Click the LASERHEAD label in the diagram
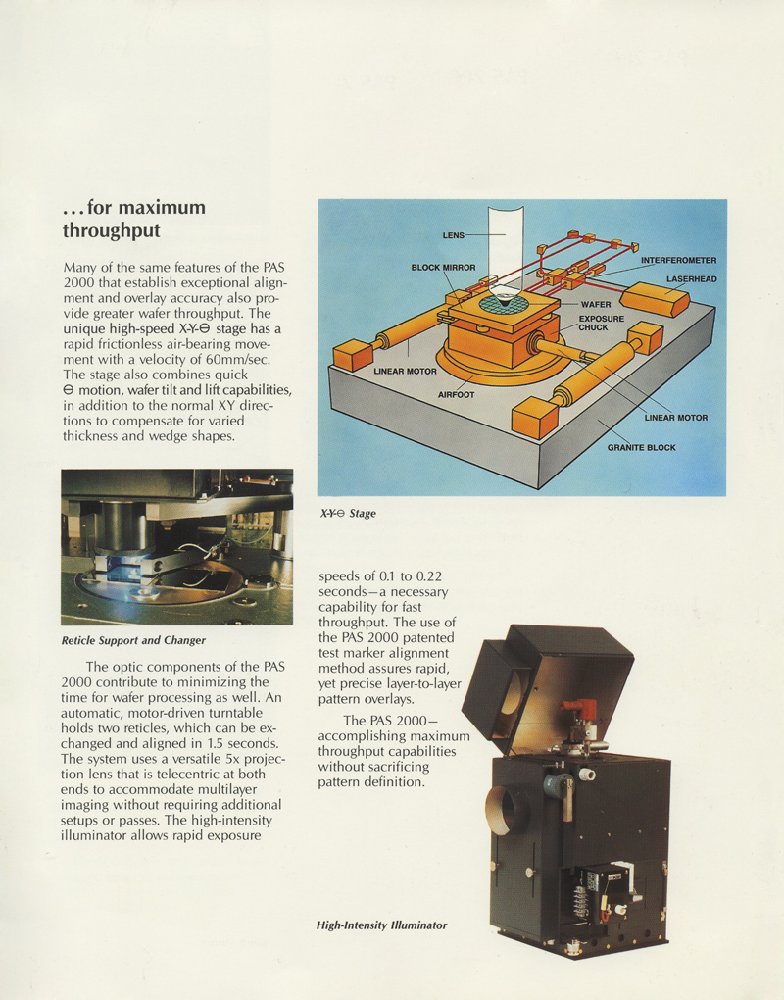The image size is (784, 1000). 691,278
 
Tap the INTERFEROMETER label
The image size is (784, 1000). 678,260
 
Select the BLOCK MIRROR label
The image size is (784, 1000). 443,267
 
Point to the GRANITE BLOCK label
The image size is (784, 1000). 640,447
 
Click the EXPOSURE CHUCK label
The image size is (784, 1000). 601,323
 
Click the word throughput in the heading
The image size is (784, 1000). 111,231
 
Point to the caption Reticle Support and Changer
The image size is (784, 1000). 133,640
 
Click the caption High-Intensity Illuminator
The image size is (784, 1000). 381,925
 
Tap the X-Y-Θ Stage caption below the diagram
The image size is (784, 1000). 347,513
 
